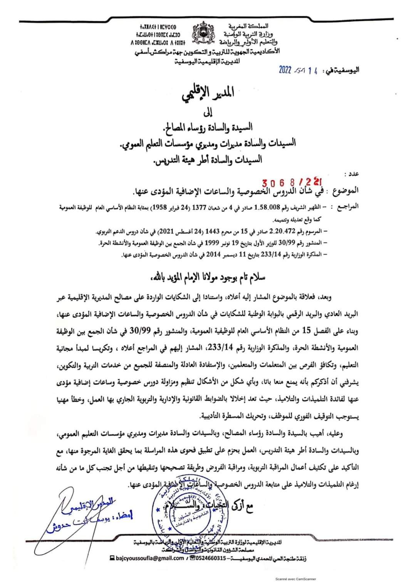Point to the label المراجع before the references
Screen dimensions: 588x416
point(347,207)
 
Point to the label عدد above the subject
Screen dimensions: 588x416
point(351,174)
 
